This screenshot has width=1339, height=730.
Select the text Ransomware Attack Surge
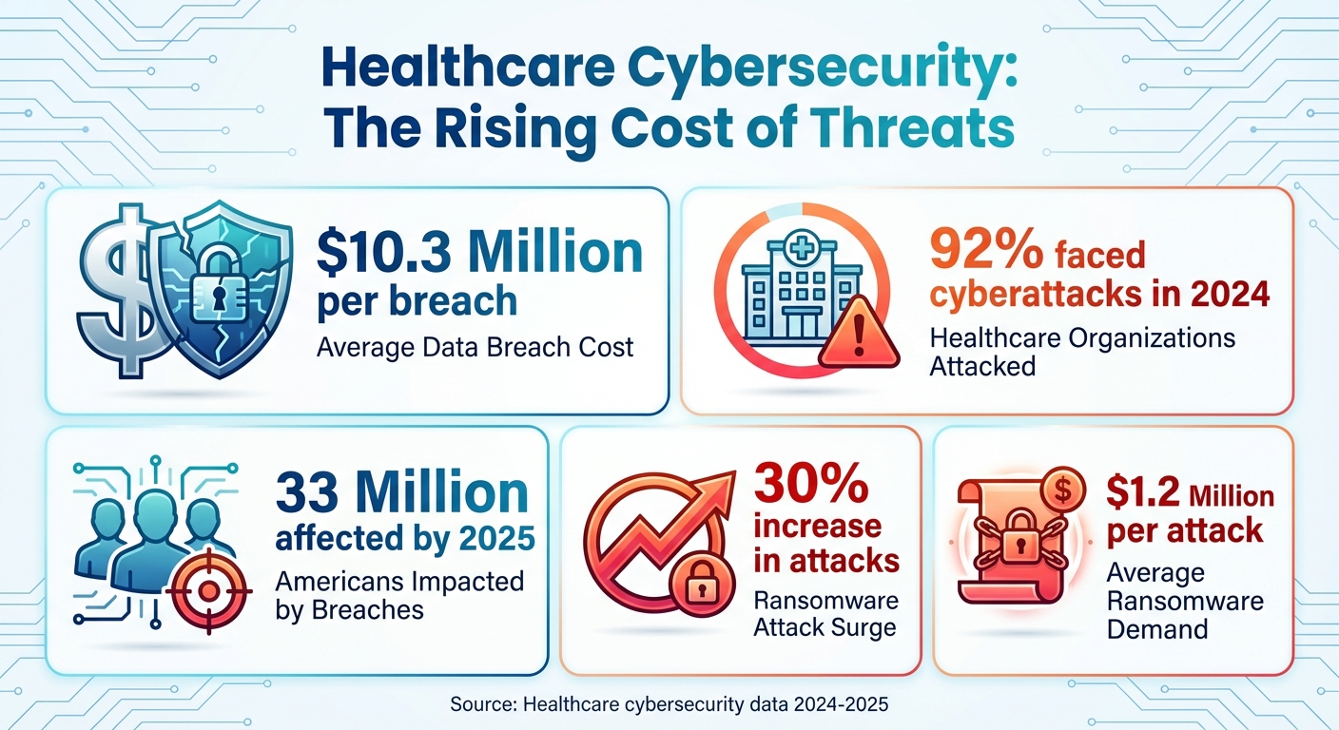pyautogui.click(x=825, y=614)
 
